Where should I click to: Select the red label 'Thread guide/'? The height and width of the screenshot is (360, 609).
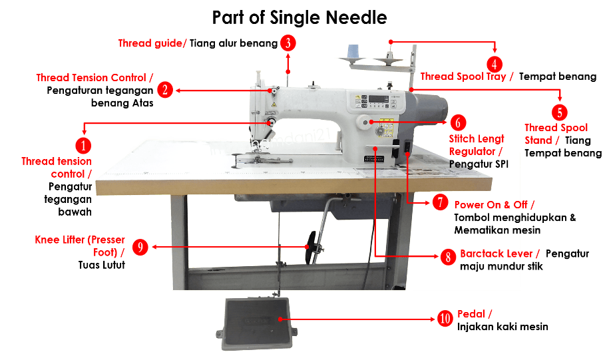(x=152, y=44)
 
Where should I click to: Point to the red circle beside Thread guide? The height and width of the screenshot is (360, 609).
(x=288, y=43)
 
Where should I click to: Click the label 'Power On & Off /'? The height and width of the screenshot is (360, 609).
(x=494, y=204)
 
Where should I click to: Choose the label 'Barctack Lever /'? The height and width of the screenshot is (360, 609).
(x=499, y=254)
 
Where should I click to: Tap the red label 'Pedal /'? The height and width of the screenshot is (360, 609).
(x=475, y=314)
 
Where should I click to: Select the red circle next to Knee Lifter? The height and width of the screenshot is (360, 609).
(x=140, y=247)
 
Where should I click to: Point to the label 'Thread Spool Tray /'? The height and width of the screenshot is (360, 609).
(x=467, y=77)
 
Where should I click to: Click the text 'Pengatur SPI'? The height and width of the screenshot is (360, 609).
(x=479, y=163)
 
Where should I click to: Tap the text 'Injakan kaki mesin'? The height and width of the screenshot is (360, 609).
(x=503, y=327)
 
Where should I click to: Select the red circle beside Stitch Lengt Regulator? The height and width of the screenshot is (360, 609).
(x=458, y=123)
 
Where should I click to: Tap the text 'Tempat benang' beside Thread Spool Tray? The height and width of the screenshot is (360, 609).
(x=557, y=77)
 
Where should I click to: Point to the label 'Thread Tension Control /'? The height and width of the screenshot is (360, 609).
(x=95, y=78)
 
